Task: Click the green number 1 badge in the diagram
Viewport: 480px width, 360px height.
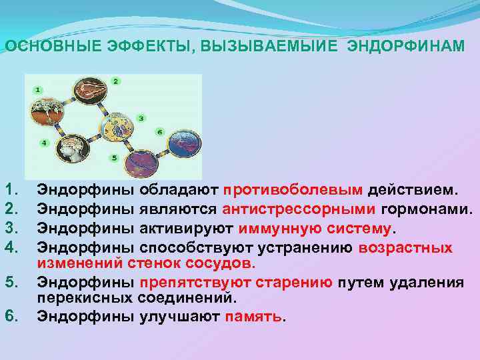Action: (x=38, y=89)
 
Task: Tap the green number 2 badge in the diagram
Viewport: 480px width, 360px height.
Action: (x=116, y=81)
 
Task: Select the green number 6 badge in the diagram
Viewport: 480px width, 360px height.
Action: (x=159, y=131)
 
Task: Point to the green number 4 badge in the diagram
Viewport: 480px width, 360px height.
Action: (x=44, y=143)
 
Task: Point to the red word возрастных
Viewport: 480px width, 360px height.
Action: (x=405, y=248)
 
